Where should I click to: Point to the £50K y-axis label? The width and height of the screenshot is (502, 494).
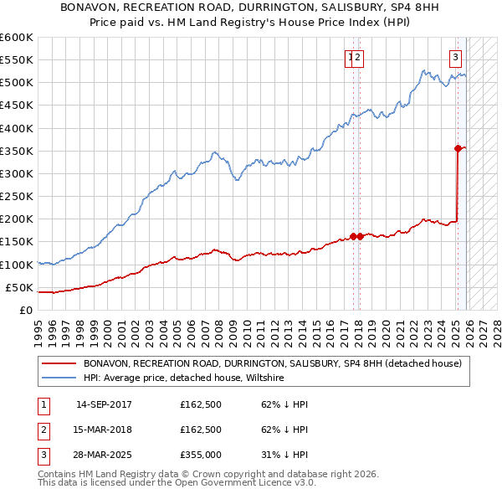19,287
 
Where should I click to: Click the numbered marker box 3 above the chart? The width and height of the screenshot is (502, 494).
455,58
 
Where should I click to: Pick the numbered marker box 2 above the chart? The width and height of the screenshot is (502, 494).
357,58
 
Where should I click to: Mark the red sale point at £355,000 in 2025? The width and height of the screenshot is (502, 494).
458,148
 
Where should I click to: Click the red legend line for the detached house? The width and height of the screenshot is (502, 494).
59,364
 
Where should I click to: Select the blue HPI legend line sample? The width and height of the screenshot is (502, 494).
59,378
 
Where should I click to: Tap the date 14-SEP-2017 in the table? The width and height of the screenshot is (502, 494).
104,404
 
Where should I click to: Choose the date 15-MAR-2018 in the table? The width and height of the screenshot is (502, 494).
104,430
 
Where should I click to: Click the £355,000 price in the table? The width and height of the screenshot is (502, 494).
201,455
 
